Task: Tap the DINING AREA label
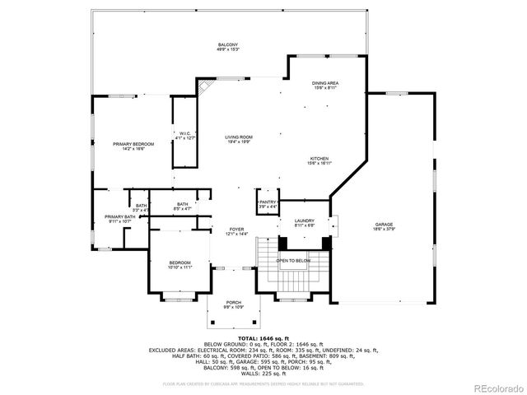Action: point(325,83)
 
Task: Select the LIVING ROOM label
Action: point(240,137)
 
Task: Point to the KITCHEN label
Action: point(320,159)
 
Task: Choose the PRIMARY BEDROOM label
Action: point(133,144)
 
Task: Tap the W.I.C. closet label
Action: point(186,133)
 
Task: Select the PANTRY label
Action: point(268,202)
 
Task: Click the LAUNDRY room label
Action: point(305,221)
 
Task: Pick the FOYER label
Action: point(237,230)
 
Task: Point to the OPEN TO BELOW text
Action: point(293,261)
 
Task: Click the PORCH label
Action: point(234,302)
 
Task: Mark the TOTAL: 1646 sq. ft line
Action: point(263,337)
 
